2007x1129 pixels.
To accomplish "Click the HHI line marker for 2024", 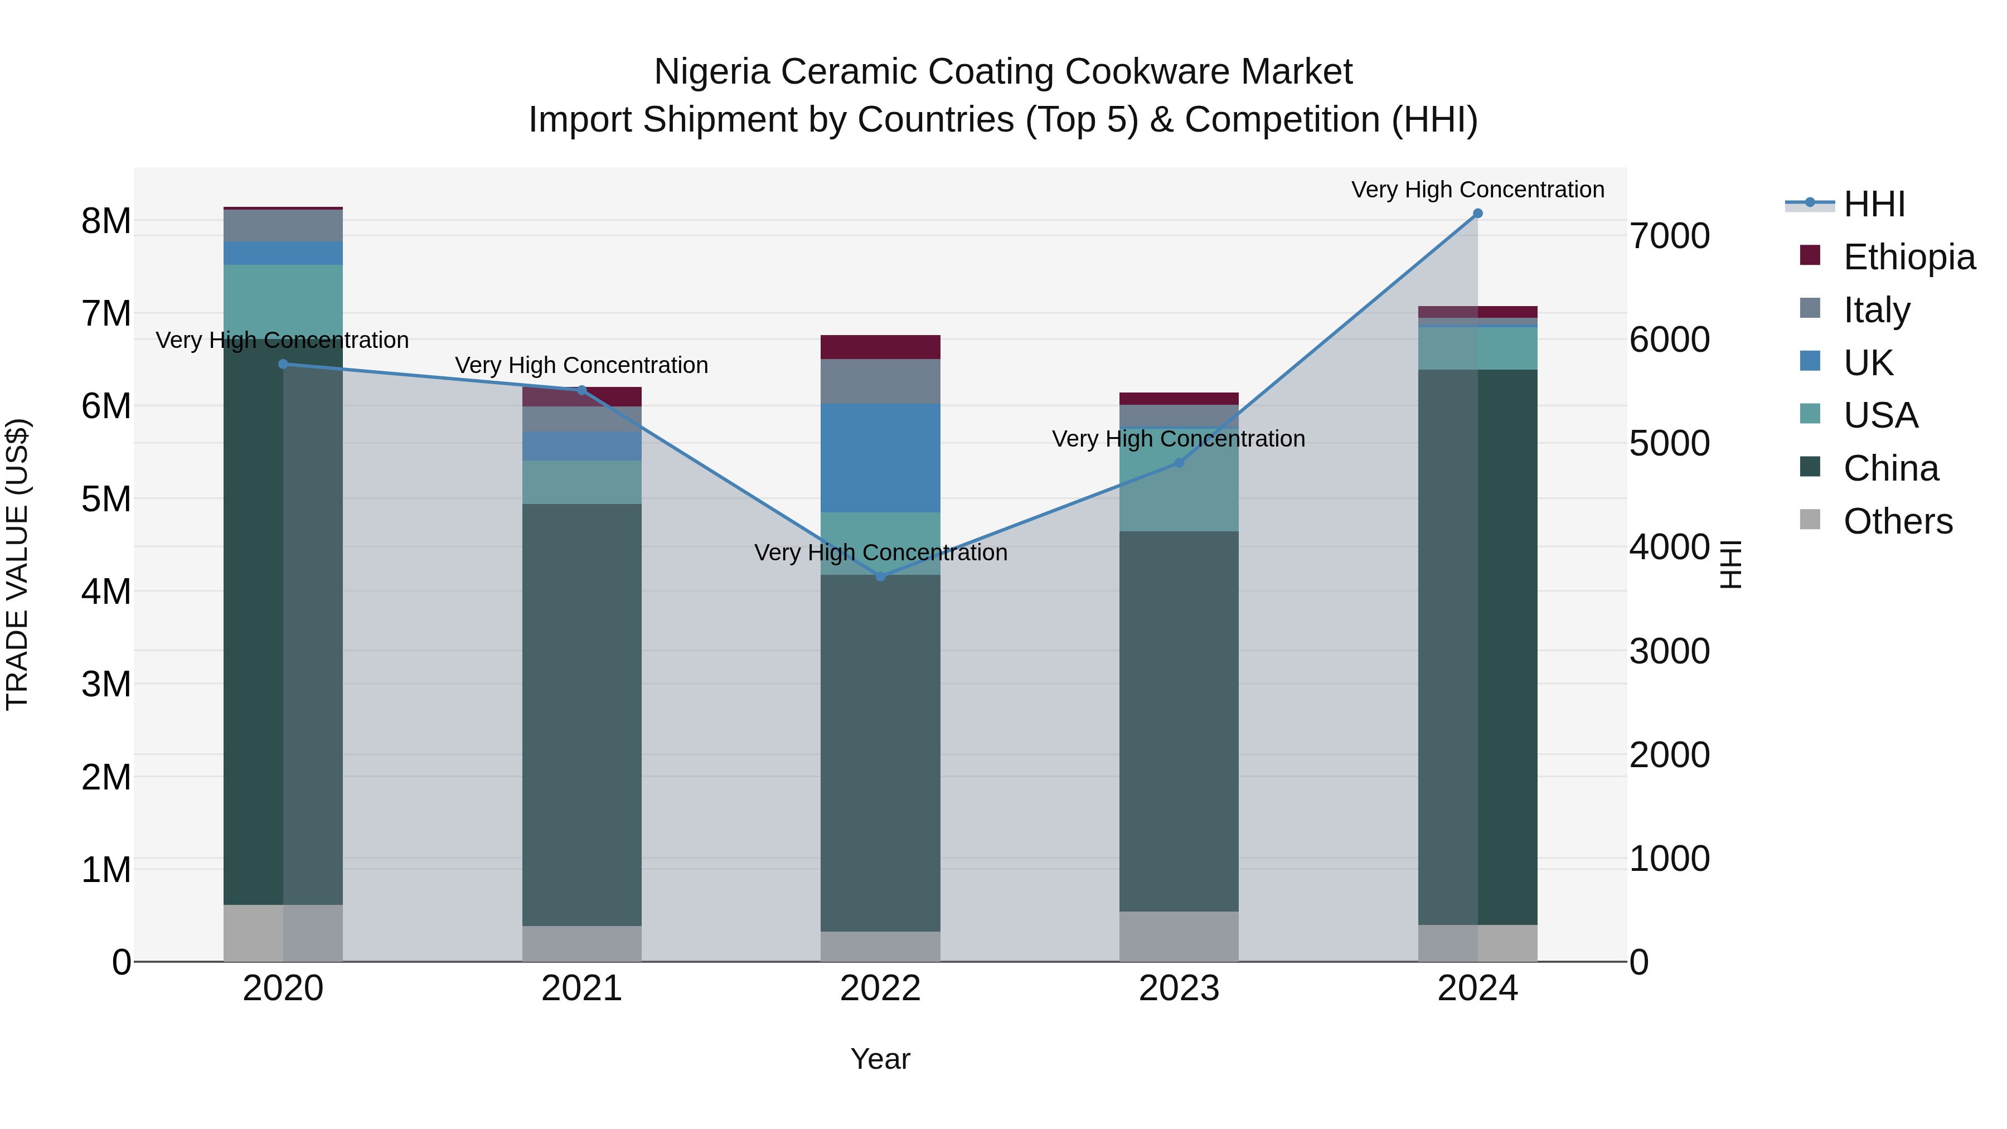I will tap(1477, 214).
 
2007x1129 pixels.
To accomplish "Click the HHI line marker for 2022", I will tap(880, 576).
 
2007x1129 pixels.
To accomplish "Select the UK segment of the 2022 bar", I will tap(880, 458).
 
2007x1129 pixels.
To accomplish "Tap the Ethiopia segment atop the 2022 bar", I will tap(880, 347).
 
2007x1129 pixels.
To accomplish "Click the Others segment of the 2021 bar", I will tap(581, 943).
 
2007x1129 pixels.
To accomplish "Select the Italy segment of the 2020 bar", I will tap(283, 226).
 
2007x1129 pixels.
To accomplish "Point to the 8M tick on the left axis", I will tap(106, 221).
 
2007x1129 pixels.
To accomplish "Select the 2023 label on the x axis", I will tap(1179, 989).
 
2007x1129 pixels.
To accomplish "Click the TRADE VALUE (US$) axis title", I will tap(18, 565).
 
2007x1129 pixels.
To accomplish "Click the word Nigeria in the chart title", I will tap(712, 72).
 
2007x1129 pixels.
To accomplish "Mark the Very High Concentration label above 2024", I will tap(1477, 190).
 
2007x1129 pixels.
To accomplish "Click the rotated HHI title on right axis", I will tap(1729, 565).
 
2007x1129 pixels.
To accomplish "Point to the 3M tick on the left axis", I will tap(106, 684).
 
